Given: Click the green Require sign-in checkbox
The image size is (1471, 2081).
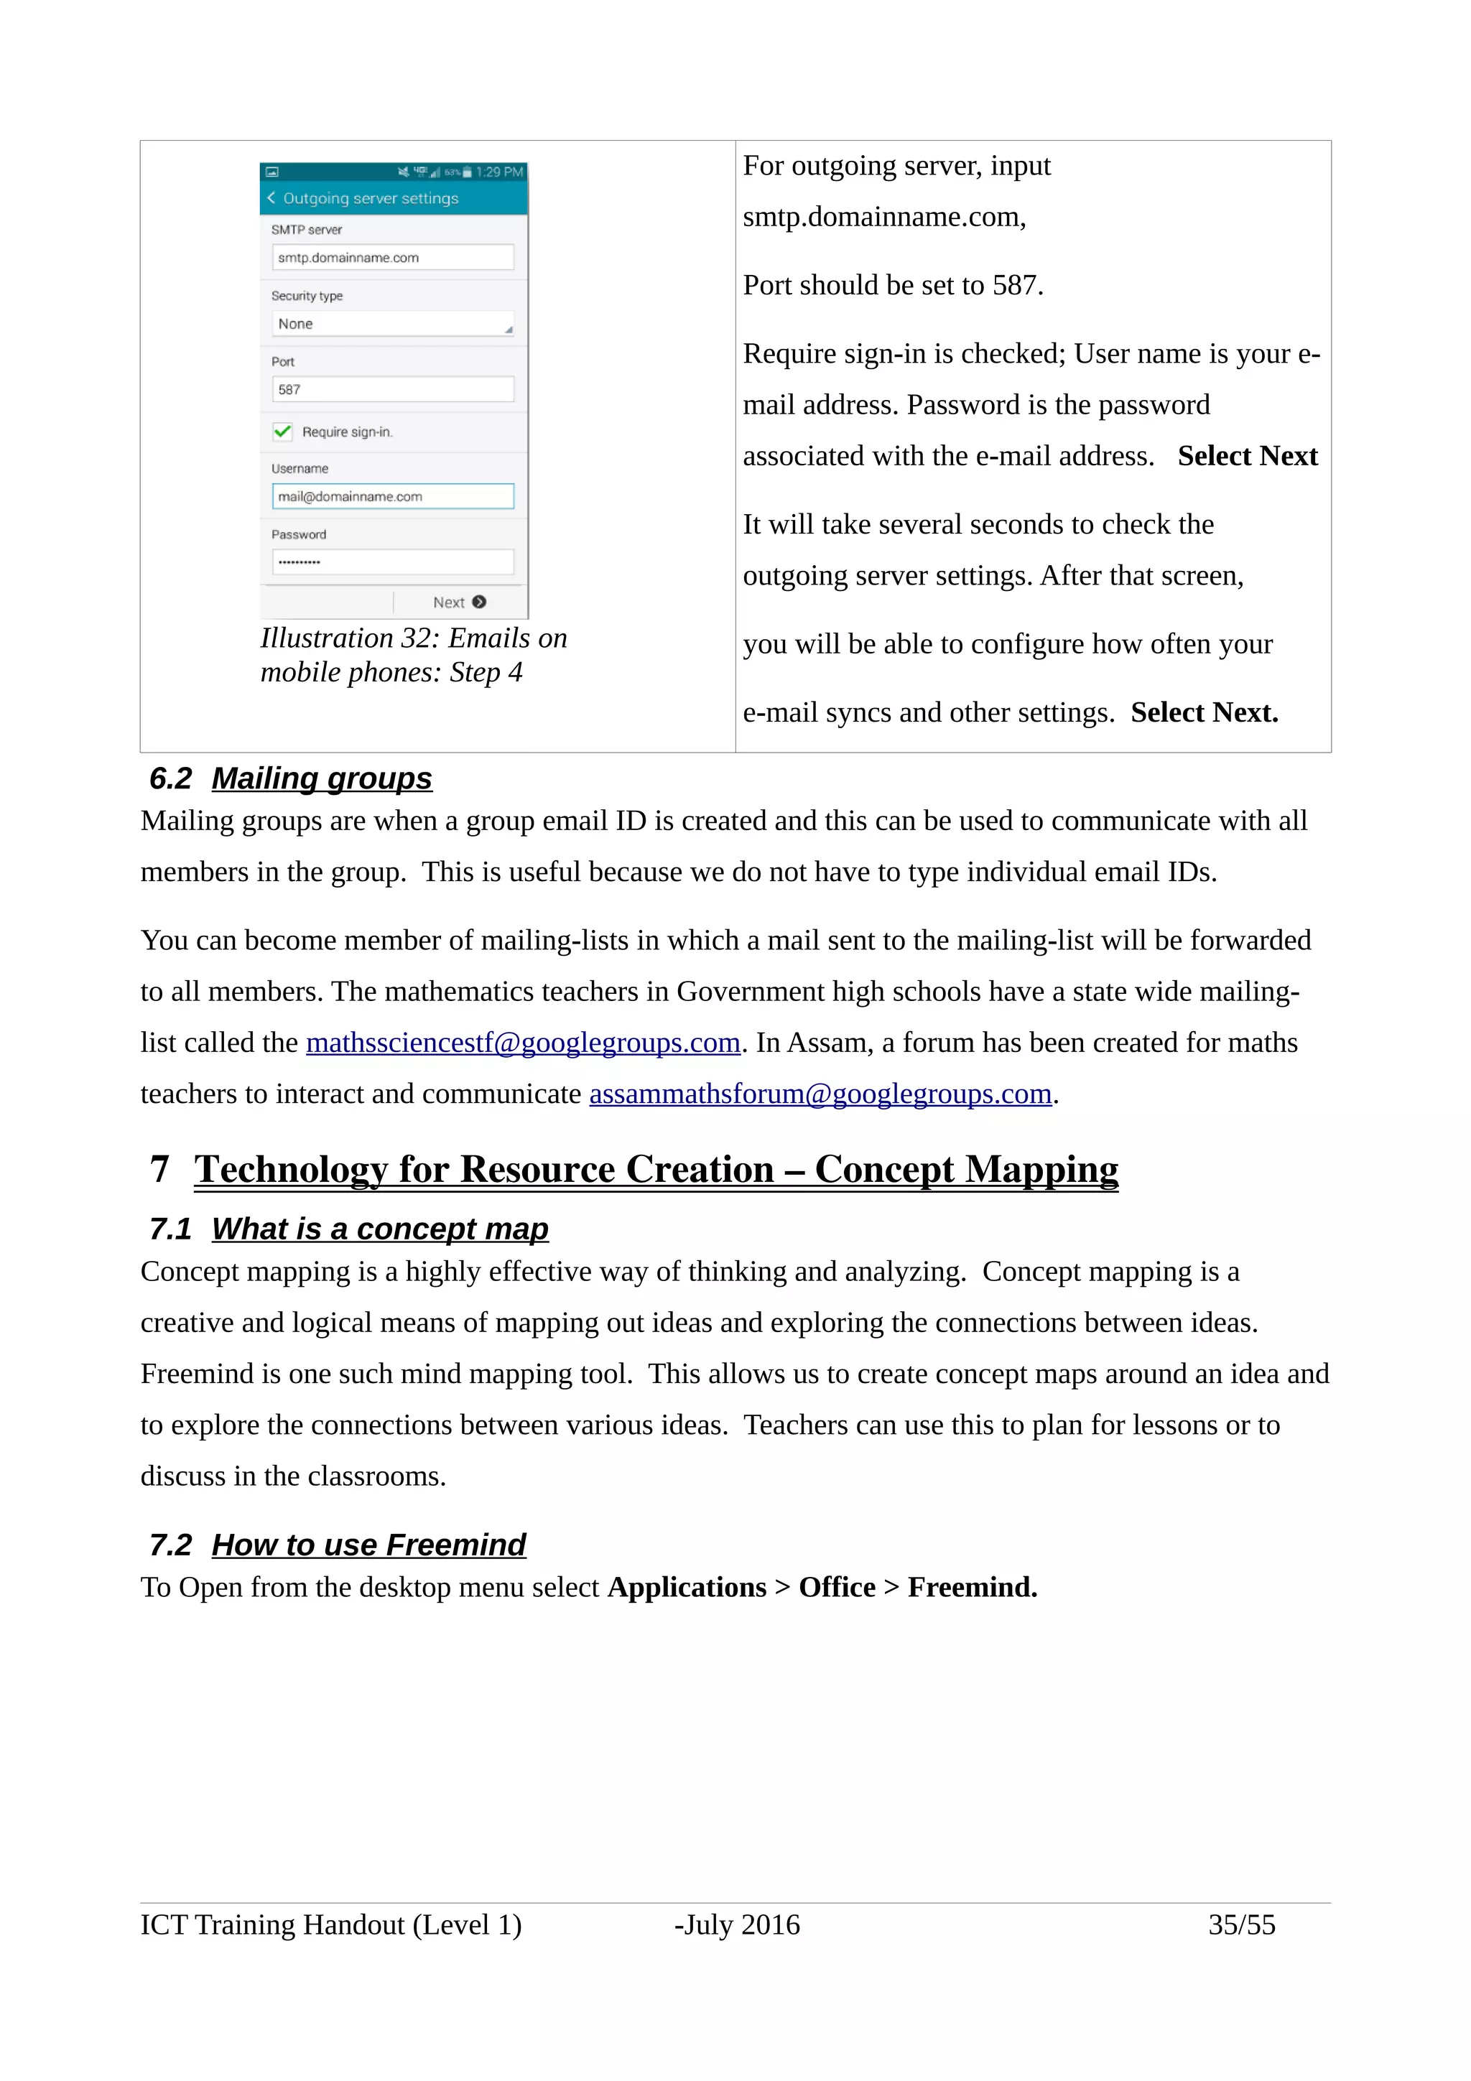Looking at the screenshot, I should tap(283, 432).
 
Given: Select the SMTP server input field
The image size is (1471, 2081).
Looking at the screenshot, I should tap(392, 257).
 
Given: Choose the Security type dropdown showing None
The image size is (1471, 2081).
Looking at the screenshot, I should tap(392, 324).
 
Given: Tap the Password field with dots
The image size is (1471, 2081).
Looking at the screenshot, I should tap(392, 562).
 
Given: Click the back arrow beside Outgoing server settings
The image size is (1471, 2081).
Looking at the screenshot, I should tap(271, 197).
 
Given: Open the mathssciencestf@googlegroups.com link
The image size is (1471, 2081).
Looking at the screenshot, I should tap(523, 1043).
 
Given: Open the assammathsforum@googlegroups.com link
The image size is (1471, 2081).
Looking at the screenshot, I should tap(820, 1094).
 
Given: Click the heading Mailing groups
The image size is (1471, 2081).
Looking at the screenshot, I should tap(322, 778).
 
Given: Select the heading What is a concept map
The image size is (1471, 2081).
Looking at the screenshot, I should tap(380, 1229).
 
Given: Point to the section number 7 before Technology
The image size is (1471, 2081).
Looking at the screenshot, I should tap(159, 1169).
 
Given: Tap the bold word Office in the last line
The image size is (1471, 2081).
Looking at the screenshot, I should tap(837, 1587).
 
